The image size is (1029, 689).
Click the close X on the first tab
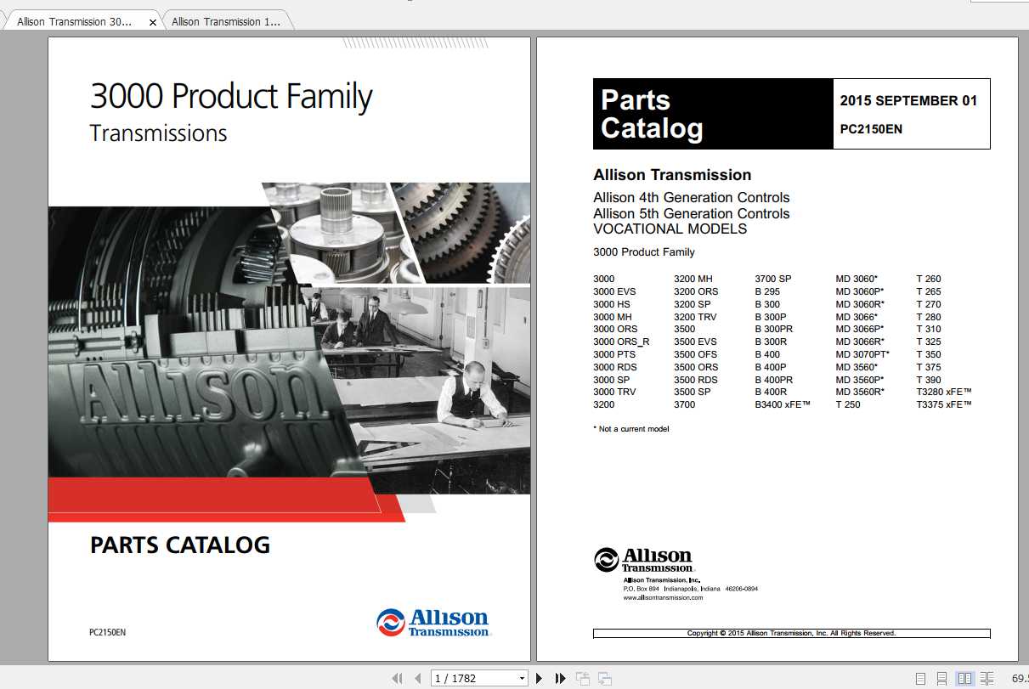pos(153,23)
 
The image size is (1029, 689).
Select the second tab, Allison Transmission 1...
pos(225,22)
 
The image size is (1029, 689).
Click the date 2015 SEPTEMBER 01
pos(908,100)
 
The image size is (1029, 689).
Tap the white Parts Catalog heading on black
pos(652,114)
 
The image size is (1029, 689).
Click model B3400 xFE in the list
pos(783,405)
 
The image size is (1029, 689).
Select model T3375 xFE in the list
pos(943,405)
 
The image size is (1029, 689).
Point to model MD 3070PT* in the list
pos(862,354)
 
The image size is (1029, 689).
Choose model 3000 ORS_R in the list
pos(621,342)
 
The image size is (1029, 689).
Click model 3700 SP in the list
pos(772,279)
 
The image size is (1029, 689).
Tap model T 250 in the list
pos(847,405)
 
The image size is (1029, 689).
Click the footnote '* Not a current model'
pos(630,429)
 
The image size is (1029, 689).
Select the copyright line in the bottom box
pos(791,633)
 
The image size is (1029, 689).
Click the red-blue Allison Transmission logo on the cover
pos(433,622)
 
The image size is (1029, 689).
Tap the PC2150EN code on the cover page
pos(107,632)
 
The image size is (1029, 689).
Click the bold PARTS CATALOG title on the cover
pos(180,545)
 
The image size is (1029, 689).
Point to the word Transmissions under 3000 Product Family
pos(158,133)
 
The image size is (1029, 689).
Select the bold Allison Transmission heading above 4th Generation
pos(671,175)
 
